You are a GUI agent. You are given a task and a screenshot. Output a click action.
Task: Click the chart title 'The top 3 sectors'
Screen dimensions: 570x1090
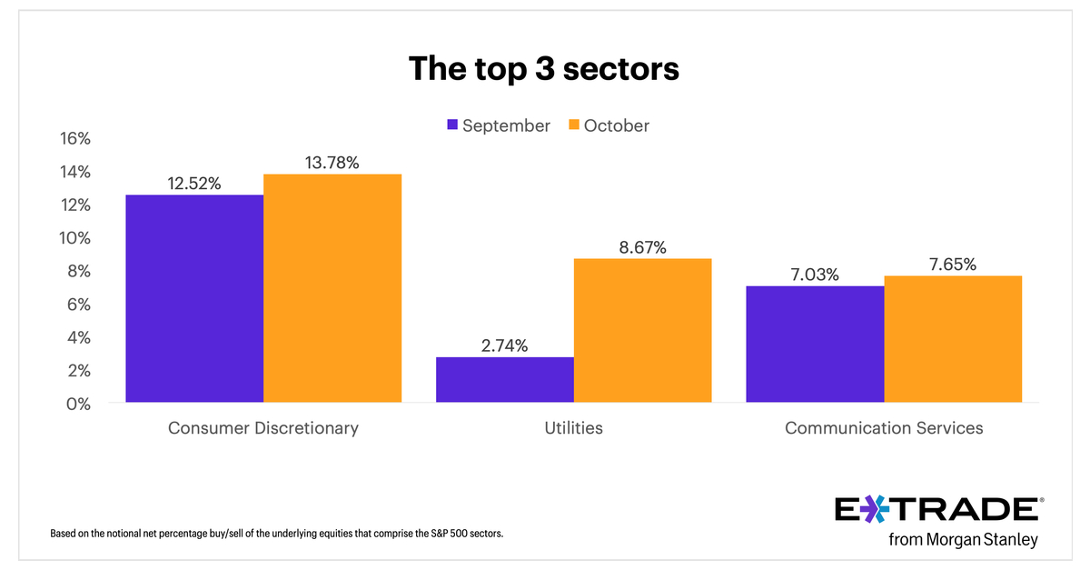pyautogui.click(x=543, y=68)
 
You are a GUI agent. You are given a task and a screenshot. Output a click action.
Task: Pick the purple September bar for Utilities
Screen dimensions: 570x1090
pyautogui.click(x=505, y=379)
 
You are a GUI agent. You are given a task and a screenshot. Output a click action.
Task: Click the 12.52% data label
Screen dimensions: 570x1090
pyautogui.click(x=194, y=184)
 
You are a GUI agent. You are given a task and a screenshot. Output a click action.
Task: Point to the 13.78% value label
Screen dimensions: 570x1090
pyautogui.click(x=332, y=163)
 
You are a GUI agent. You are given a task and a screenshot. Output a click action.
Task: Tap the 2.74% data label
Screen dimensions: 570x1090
pyautogui.click(x=505, y=345)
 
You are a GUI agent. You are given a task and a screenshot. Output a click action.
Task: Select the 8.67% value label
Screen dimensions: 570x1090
pyautogui.click(x=642, y=247)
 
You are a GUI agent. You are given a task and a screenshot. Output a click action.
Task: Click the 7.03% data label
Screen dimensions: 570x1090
pyautogui.click(x=815, y=275)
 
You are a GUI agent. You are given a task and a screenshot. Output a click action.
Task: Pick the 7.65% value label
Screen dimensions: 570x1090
pyautogui.click(x=953, y=265)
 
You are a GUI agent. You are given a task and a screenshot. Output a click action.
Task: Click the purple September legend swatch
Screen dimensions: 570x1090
pyautogui.click(x=451, y=125)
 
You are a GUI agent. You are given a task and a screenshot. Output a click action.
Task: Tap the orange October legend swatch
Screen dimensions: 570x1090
pyautogui.click(x=573, y=125)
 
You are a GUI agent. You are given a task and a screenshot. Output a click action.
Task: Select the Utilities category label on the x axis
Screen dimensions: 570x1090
pyautogui.click(x=573, y=427)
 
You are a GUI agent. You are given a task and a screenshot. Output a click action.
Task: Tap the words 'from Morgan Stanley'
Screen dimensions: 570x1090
pyautogui.click(x=963, y=540)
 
